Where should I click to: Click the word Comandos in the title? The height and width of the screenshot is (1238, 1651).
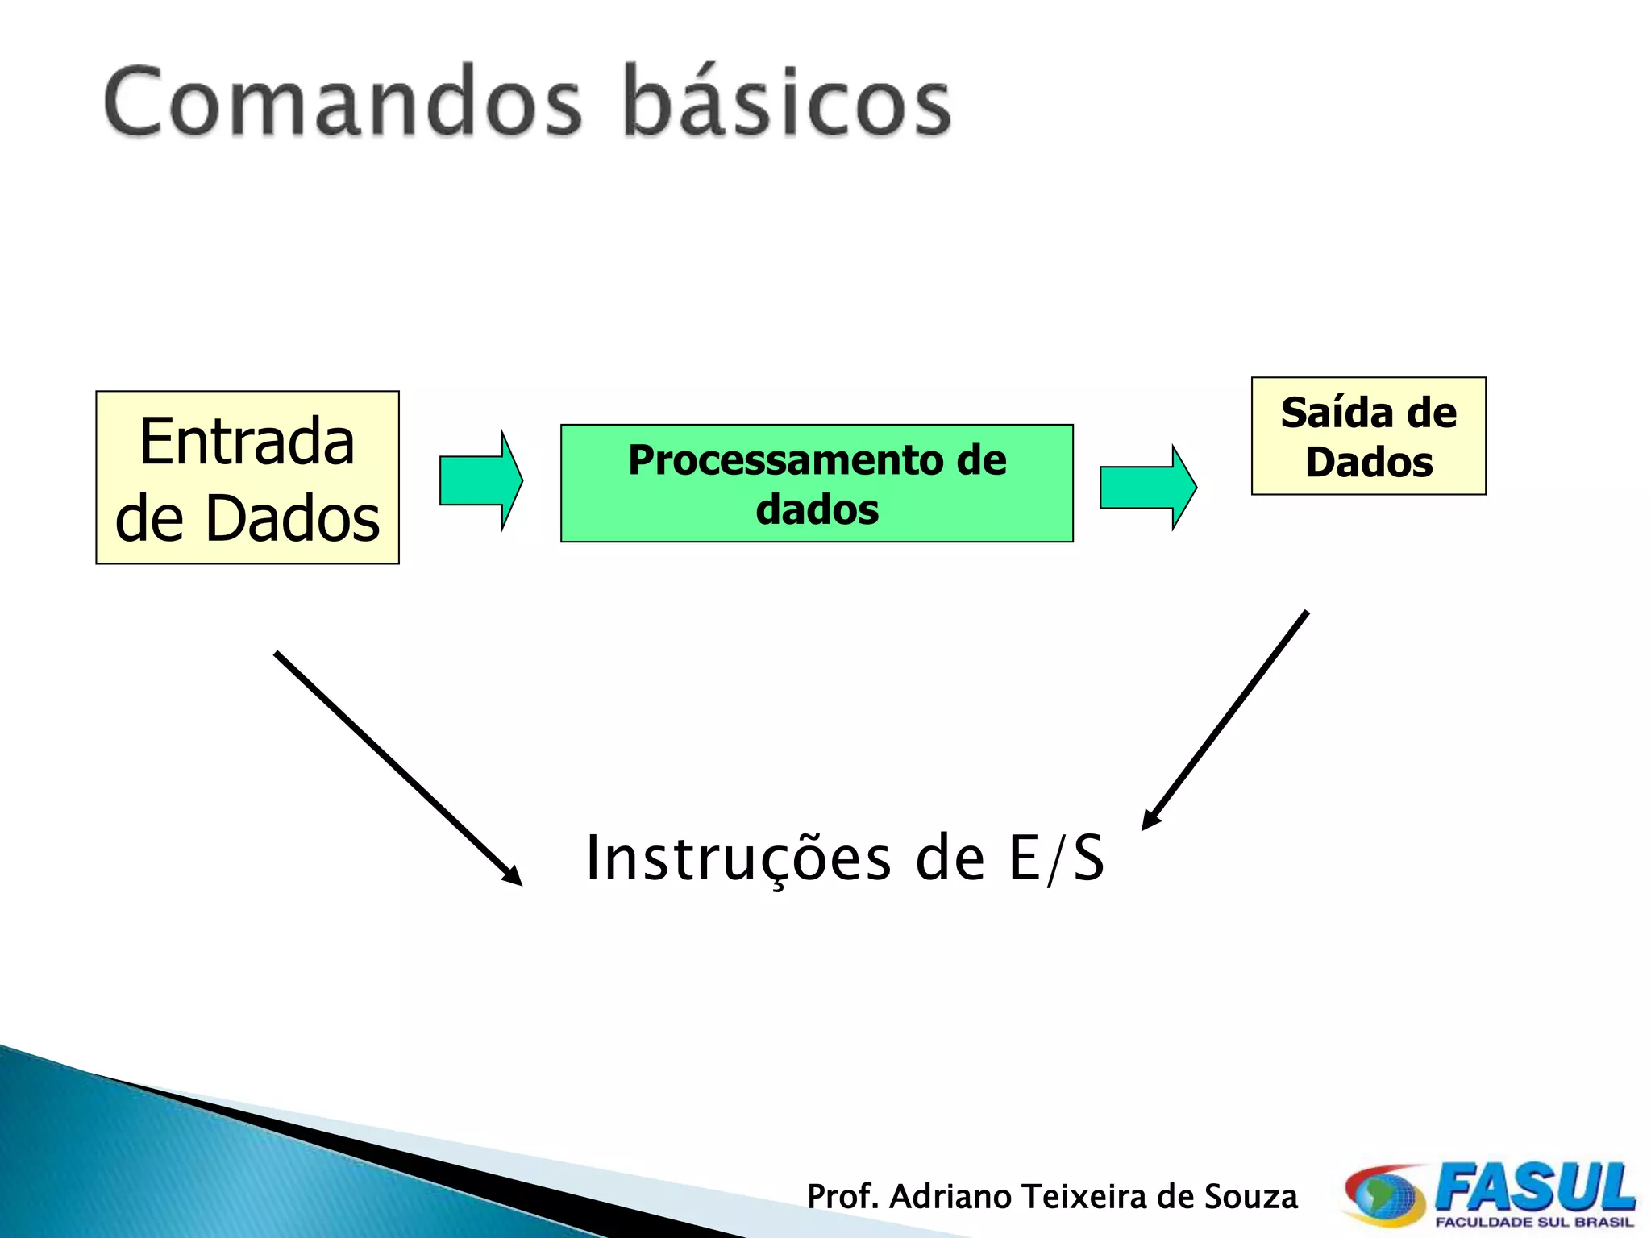tap(343, 103)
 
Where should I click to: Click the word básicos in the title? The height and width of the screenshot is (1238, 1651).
tap(788, 103)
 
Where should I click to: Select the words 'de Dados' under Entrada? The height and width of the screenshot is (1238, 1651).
tap(247, 518)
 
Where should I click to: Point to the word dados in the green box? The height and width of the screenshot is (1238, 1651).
tap(817, 510)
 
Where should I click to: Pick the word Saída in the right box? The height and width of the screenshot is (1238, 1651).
tap(1335, 413)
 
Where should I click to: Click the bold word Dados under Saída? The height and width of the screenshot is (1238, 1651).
tap(1369, 463)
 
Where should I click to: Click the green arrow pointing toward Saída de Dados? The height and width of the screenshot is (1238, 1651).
tap(1148, 488)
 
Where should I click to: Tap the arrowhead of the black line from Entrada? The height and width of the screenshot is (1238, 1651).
tap(513, 877)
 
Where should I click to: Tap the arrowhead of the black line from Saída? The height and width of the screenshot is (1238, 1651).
tap(1151, 820)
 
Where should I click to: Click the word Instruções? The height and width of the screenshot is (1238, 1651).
tap(738, 859)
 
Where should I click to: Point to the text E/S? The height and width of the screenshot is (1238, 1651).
tap(1056, 859)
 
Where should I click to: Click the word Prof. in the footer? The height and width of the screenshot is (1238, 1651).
tap(842, 1197)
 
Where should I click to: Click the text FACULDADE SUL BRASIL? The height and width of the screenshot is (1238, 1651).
tap(1533, 1223)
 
